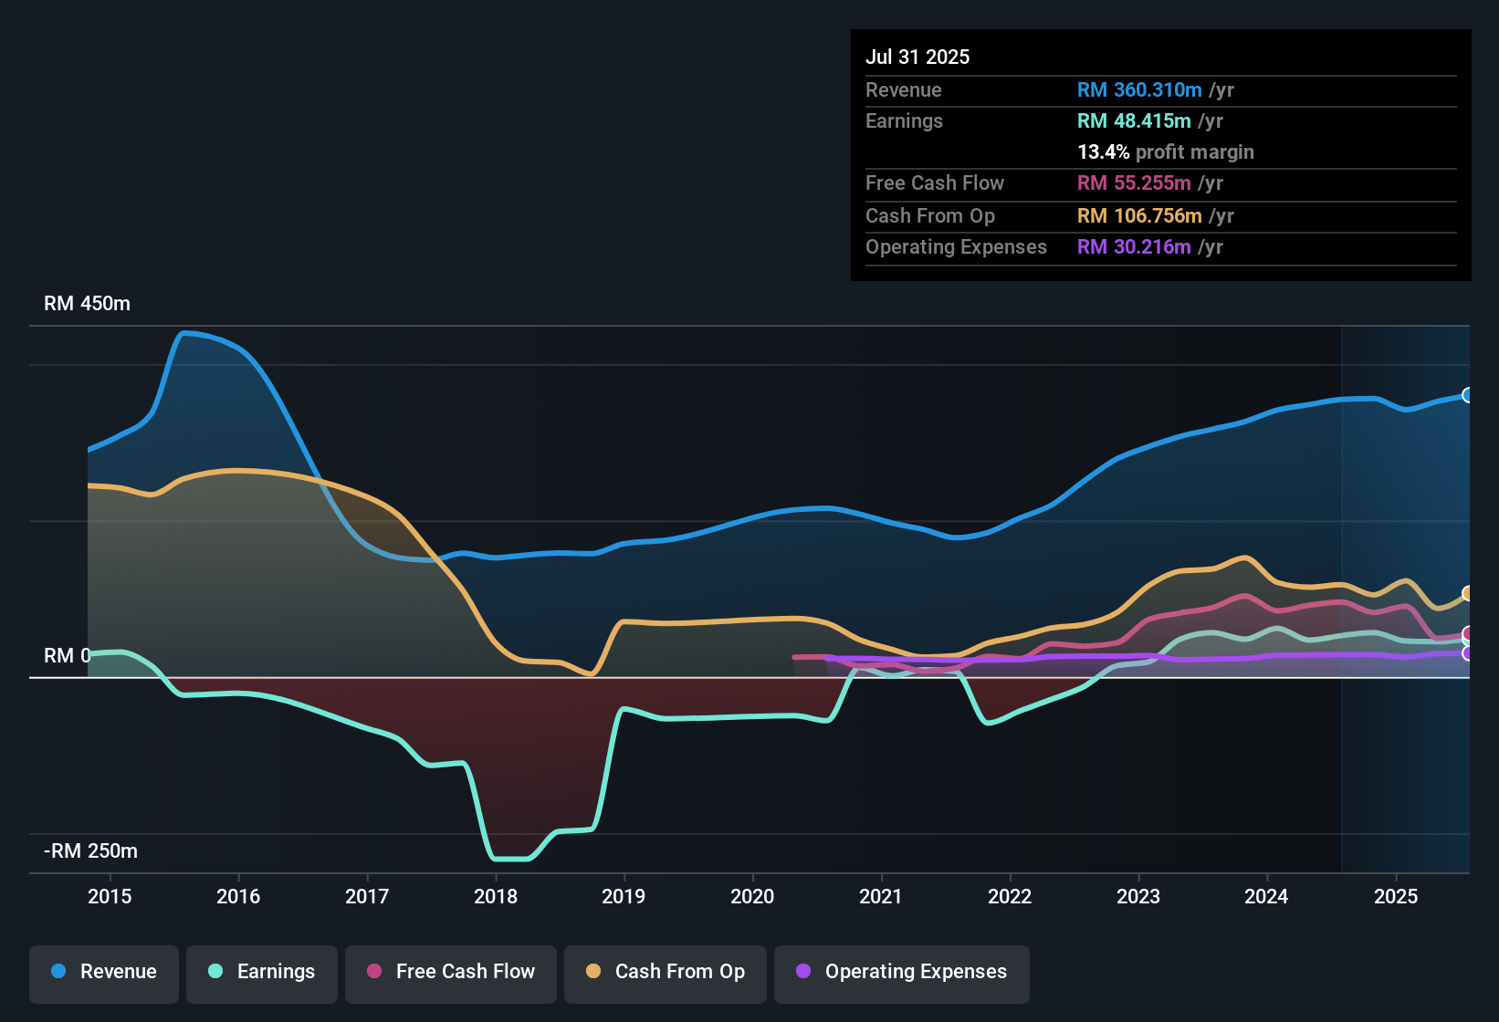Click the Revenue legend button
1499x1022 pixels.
[104, 972]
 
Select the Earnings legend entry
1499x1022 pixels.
[262, 972]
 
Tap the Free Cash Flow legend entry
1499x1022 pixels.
[451, 972]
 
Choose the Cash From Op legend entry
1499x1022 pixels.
[666, 972]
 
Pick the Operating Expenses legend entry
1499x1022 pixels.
[902, 972]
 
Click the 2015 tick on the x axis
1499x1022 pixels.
[110, 896]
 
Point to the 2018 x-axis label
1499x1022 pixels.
[496, 896]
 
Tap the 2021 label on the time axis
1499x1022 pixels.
[881, 896]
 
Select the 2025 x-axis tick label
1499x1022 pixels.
[1396, 896]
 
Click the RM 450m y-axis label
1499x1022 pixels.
[87, 304]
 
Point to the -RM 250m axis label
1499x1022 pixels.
[90, 851]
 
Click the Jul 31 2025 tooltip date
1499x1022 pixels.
[917, 57]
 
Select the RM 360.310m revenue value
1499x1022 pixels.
[1139, 89]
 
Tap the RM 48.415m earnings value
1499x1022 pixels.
[1134, 120]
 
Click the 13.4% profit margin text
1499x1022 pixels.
[1166, 151]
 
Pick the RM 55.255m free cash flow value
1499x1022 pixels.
[1134, 182]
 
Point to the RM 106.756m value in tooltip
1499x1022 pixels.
[1139, 215]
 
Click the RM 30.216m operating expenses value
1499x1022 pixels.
[1134, 246]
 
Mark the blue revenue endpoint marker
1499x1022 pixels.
[1468, 395]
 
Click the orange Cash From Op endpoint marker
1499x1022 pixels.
[1468, 593]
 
